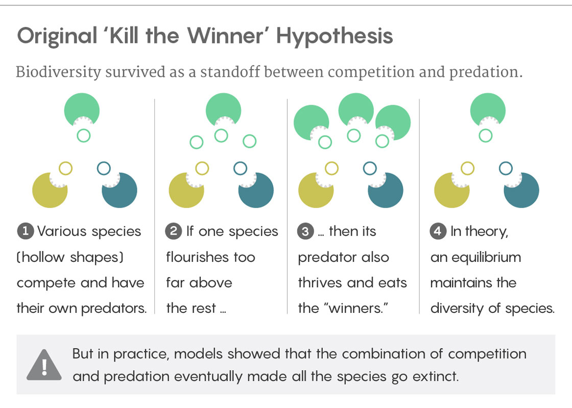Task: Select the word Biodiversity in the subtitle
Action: pyautogui.click(x=58, y=72)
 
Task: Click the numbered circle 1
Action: pyautogui.click(x=26, y=231)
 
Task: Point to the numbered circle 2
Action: pyautogui.click(x=174, y=231)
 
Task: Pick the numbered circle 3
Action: pyautogui.click(x=306, y=231)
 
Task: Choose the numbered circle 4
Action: pyautogui.click(x=438, y=231)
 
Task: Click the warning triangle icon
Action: pyautogui.click(x=44, y=365)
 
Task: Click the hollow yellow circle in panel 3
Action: pyautogui.click(x=331, y=168)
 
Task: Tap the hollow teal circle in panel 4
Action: pyautogui.click(x=506, y=168)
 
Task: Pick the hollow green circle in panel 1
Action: pyautogui.click(x=84, y=135)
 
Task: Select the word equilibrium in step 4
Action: pyautogui.click(x=487, y=258)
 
